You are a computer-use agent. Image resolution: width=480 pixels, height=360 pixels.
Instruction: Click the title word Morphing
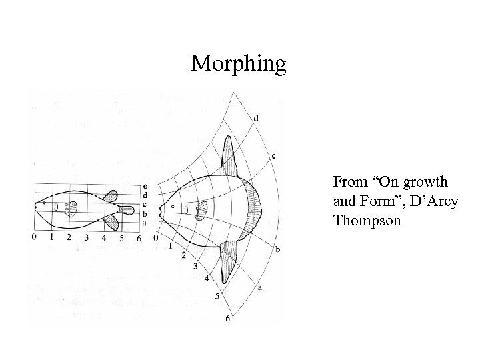[239, 65]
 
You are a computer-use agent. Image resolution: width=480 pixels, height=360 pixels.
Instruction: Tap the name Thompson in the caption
[366, 219]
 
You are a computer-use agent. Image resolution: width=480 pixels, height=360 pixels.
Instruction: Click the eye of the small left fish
[44, 201]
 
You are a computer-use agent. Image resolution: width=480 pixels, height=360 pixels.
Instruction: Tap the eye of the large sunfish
[173, 207]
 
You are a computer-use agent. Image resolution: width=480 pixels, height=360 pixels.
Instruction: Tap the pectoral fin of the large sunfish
[201, 210]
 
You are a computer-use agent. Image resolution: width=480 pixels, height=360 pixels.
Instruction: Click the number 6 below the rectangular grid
[139, 237]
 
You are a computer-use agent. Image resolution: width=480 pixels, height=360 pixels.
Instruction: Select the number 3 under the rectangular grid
[87, 237]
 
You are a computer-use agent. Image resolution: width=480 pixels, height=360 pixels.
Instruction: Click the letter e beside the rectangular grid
[146, 185]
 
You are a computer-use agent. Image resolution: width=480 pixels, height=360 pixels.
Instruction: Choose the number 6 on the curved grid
[227, 319]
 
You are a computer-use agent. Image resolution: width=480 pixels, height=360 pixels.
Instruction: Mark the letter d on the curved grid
[257, 119]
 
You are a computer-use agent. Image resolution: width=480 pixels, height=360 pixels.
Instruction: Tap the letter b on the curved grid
[277, 248]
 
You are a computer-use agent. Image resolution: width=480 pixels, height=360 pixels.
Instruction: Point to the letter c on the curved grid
[273, 156]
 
